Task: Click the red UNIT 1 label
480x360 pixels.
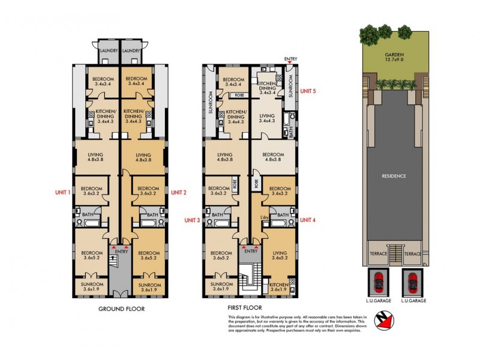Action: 61,192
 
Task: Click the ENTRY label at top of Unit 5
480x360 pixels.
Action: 290,59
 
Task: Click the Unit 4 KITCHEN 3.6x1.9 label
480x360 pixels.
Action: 278,287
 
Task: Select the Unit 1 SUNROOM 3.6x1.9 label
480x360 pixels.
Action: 92,286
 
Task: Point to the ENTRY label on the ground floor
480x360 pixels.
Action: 121,252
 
